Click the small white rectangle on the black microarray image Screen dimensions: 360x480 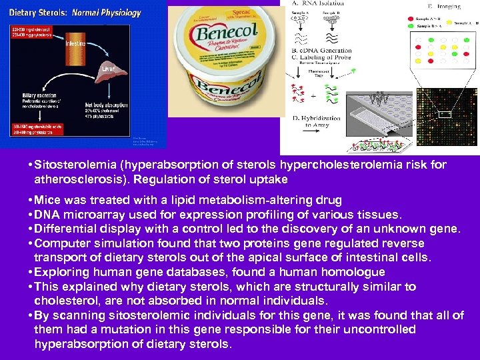[x=445, y=115]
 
